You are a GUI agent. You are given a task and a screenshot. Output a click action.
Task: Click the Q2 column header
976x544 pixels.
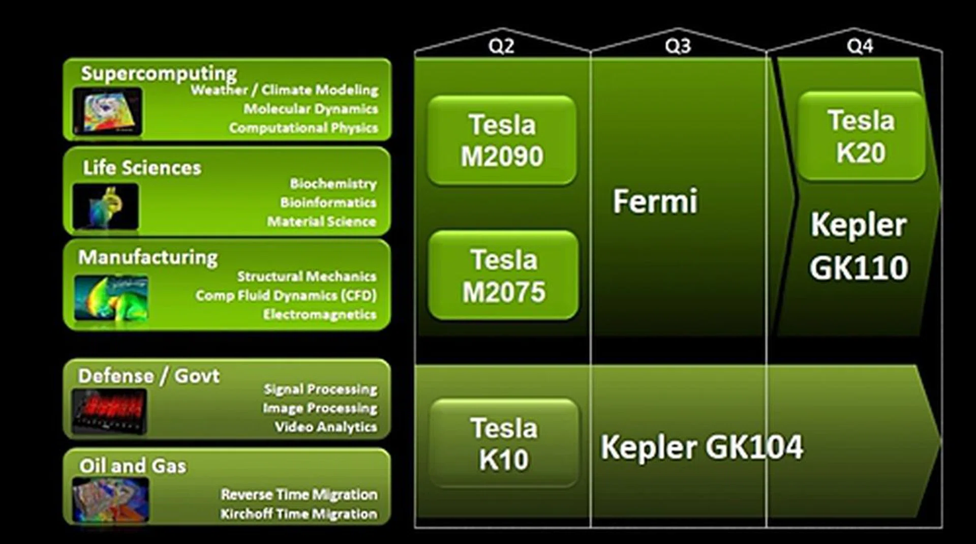(501, 46)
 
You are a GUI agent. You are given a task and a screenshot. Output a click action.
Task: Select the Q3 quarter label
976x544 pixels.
(678, 46)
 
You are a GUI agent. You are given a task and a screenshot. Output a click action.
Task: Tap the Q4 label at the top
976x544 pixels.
(860, 46)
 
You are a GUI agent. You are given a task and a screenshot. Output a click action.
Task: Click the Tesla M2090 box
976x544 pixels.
(502, 140)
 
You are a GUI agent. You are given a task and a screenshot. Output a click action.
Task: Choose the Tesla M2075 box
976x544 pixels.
(503, 276)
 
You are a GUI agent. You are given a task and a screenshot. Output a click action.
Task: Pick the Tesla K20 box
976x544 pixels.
(861, 136)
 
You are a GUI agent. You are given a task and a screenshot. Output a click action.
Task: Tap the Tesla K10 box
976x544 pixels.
(504, 443)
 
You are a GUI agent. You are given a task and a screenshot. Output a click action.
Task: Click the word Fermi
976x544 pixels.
(655, 201)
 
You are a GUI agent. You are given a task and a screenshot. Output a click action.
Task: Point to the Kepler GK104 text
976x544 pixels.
(701, 447)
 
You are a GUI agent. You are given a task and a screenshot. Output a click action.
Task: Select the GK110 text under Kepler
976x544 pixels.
(859, 268)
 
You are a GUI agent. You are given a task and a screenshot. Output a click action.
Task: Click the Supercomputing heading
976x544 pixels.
(159, 73)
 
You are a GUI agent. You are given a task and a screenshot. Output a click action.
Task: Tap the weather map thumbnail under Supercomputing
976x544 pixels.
(107, 111)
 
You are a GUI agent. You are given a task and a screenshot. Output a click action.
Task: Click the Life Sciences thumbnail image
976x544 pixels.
(106, 206)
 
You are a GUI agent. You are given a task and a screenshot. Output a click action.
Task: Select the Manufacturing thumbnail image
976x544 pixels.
(111, 298)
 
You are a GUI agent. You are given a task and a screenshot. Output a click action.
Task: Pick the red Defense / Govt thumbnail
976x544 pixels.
(109, 411)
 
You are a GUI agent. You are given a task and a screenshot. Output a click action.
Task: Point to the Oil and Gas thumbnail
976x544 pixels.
(110, 500)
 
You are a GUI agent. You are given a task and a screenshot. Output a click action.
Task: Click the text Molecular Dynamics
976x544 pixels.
(311, 109)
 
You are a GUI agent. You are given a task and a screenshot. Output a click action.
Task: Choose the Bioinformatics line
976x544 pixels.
(328, 202)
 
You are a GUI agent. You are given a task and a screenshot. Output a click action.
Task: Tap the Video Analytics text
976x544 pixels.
(326, 427)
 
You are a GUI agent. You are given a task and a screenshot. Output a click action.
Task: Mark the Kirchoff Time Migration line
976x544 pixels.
(299, 514)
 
